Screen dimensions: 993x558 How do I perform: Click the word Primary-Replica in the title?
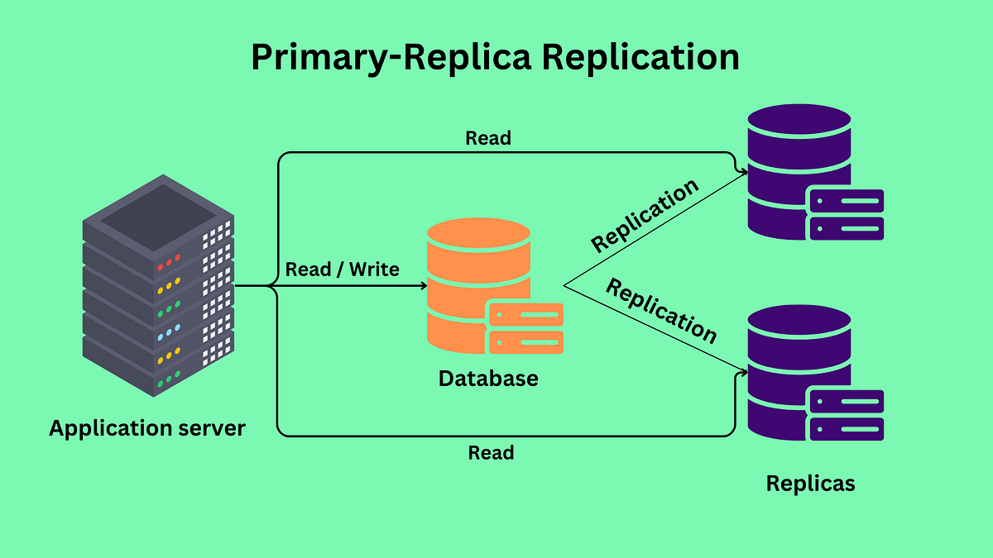point(391,58)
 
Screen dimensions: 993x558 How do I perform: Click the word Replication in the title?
point(640,57)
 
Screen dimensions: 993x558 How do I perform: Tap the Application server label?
point(147,428)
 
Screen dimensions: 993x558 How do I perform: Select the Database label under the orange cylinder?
point(488,379)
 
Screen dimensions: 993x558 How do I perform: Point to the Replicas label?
point(810,484)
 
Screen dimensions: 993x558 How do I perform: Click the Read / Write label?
point(342,269)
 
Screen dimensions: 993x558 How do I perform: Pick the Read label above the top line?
point(487,138)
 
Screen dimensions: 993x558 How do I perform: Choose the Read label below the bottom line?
point(491,453)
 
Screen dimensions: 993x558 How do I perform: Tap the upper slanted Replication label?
point(645,215)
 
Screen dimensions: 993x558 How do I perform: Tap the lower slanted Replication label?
point(661,311)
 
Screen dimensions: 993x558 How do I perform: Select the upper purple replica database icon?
point(816,172)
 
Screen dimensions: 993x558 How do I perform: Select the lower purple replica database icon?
point(816,373)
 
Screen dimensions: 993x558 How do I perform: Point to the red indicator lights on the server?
point(169,263)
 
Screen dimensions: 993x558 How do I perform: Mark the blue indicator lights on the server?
point(169,332)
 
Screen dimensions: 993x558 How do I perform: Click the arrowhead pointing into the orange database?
point(424,286)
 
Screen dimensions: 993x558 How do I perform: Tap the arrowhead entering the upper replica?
point(744,172)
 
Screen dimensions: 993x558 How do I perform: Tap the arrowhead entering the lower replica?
point(744,373)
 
